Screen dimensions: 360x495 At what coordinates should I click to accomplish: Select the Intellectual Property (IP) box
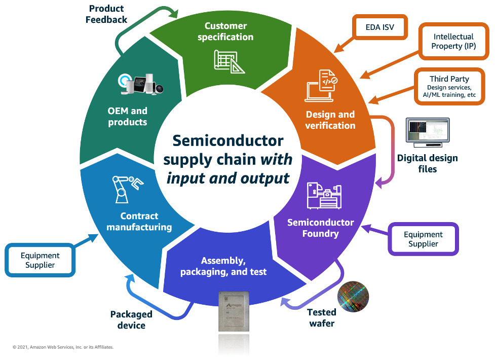point(453,42)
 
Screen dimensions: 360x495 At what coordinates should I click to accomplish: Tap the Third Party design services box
point(449,87)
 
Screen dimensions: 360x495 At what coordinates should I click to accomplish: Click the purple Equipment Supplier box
point(423,239)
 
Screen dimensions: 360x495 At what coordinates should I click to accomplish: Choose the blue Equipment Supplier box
point(40,260)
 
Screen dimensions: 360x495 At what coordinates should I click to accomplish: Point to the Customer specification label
point(225,31)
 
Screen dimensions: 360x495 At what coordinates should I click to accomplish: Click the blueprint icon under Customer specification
point(226,61)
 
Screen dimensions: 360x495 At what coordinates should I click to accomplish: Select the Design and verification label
point(330,120)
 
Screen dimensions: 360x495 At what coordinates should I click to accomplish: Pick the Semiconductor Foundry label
point(320,228)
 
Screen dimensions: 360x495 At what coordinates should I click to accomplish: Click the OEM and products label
point(127,117)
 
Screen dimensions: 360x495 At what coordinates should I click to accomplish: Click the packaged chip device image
point(237,313)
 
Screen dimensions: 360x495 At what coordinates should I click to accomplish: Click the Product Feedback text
point(107,14)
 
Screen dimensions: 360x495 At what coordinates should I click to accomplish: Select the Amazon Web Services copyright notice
point(63,347)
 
